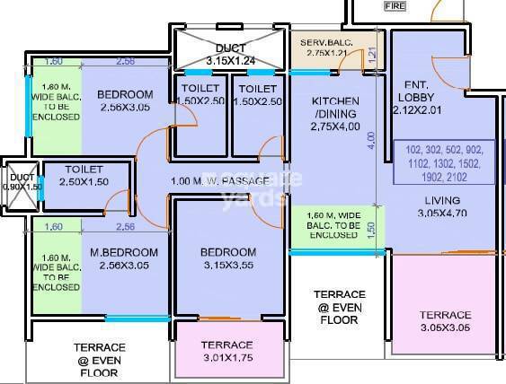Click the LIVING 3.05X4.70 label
pyautogui.click(x=442, y=206)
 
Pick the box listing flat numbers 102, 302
pyautogui.click(x=442, y=162)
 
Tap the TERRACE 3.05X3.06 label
pyautogui.click(x=445, y=321)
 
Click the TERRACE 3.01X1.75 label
pyautogui.click(x=226, y=351)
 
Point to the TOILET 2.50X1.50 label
pyautogui.click(x=83, y=175)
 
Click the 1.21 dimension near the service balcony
pyautogui.click(x=372, y=56)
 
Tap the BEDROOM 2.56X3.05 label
pyautogui.click(x=124, y=100)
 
